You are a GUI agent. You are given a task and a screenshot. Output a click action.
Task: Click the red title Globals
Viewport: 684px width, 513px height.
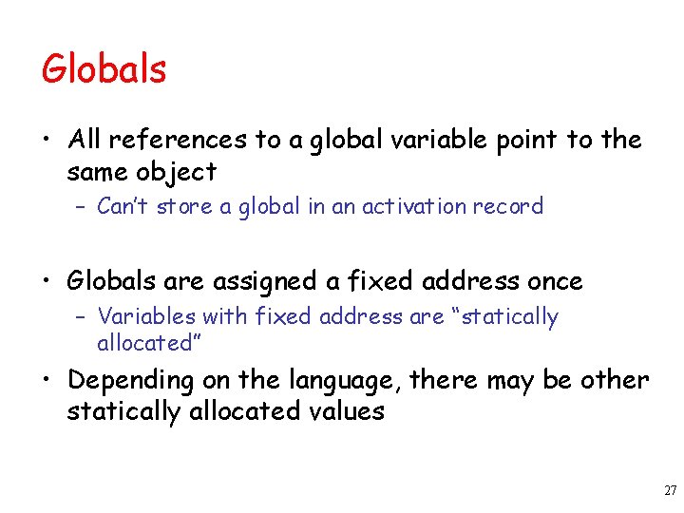(x=104, y=69)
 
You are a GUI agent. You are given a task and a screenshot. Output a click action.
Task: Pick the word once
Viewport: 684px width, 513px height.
(x=554, y=281)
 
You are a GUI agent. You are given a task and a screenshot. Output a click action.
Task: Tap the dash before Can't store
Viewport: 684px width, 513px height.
(x=82, y=207)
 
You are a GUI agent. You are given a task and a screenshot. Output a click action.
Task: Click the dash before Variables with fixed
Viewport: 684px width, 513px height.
(x=82, y=316)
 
